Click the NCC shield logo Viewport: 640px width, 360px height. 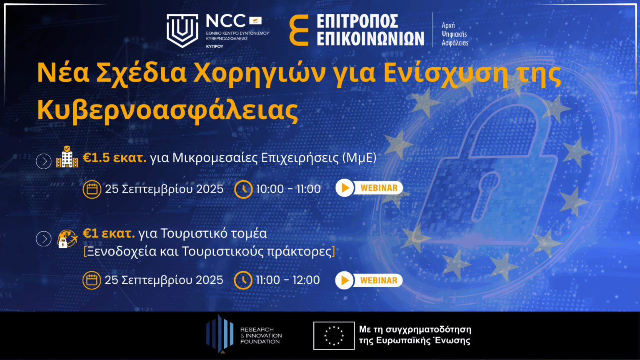(182, 30)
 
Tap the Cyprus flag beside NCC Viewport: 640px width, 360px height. (255, 20)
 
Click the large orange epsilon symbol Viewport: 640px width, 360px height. (299, 30)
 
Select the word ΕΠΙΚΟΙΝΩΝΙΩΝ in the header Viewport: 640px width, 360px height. (370, 39)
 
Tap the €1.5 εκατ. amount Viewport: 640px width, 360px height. (115, 157)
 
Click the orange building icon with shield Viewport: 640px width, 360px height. (67, 157)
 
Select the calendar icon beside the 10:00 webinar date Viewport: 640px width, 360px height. (92, 189)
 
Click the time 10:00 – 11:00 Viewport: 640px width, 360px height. (288, 189)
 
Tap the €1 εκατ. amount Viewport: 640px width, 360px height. (109, 233)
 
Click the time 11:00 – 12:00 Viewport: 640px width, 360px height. (288, 280)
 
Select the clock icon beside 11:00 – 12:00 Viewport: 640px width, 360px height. (243, 280)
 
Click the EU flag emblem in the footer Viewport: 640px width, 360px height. (334, 335)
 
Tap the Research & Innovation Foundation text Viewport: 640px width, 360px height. (261, 335)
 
